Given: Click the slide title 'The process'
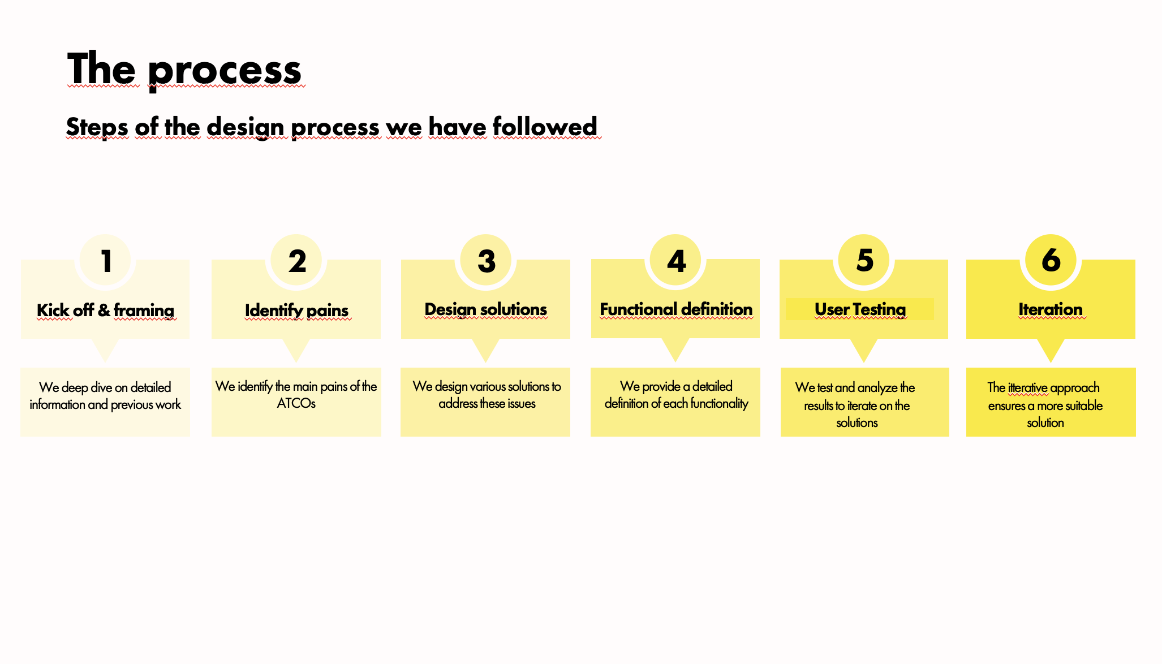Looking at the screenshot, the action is [184, 70].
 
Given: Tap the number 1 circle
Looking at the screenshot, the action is [105, 260].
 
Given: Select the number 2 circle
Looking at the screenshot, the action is [296, 260].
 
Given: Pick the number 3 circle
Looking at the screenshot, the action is [486, 260].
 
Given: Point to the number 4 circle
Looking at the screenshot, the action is [675, 260].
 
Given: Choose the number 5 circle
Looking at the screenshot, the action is [864, 260].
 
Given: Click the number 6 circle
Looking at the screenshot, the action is [1051, 260].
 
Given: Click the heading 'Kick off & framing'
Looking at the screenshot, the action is [105, 311].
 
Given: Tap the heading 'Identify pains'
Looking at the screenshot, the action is [296, 311].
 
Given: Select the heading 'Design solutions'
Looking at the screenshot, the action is [485, 309].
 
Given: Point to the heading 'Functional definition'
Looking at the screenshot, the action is [676, 309].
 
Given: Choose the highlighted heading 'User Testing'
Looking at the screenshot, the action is [860, 309].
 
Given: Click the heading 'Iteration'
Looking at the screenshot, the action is [1051, 309].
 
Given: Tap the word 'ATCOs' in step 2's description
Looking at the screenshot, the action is [296, 403].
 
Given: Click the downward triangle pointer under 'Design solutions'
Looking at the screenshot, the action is [485, 350].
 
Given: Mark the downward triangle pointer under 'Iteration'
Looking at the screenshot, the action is [1051, 350].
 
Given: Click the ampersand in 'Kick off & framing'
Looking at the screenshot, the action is [104, 311].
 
